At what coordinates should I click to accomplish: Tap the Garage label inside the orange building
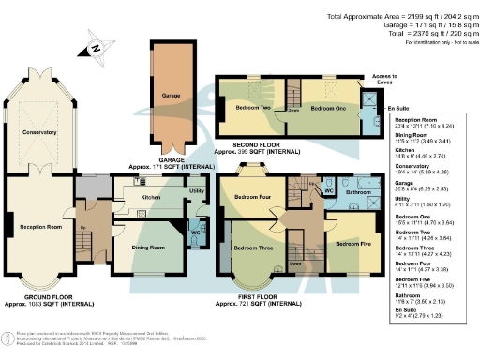pos(169,95)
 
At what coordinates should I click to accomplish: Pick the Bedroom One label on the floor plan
pos(328,109)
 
